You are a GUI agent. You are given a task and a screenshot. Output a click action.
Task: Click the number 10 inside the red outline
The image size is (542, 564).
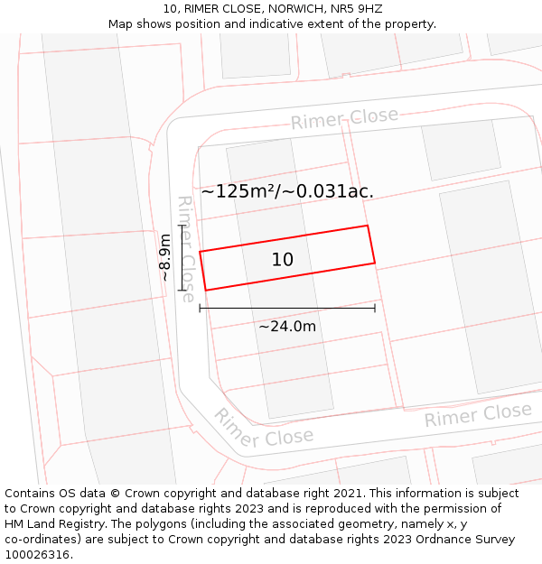click(x=282, y=260)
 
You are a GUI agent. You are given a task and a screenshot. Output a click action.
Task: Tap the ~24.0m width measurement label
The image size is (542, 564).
click(x=287, y=326)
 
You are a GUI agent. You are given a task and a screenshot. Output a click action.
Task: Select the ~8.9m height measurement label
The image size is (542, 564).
click(x=165, y=257)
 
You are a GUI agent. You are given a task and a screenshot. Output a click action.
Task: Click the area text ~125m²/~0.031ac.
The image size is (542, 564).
click(x=286, y=191)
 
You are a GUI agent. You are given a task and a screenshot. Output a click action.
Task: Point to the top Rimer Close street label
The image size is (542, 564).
click(x=344, y=119)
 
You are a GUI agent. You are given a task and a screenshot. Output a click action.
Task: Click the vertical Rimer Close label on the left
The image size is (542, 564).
click(x=185, y=248)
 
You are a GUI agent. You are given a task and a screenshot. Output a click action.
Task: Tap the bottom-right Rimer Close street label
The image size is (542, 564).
click(x=478, y=415)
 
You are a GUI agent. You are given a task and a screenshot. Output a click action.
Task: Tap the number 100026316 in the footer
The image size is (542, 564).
click(x=38, y=555)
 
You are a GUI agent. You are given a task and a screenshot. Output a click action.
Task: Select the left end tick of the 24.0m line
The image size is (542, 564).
click(x=200, y=309)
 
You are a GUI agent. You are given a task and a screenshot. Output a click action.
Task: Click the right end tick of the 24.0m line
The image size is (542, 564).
click(x=375, y=309)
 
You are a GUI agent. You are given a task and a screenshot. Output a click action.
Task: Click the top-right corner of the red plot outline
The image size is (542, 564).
click(x=368, y=226)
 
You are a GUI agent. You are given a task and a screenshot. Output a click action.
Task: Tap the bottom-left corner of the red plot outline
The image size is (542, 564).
click(x=206, y=291)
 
